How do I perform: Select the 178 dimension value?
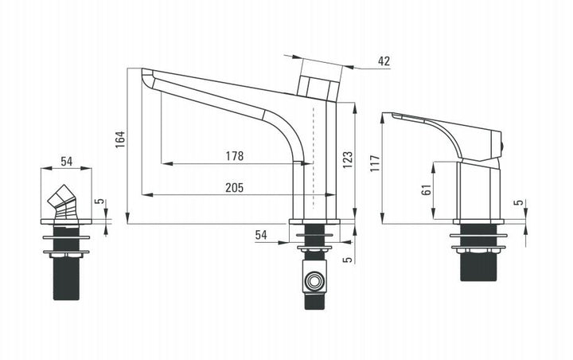[234, 156]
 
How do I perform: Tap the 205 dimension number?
[234, 188]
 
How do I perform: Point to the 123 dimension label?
[348, 159]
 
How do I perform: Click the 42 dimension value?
[384, 61]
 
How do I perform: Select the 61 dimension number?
[427, 190]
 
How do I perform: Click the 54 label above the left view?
[67, 162]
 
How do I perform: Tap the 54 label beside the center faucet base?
[261, 235]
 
